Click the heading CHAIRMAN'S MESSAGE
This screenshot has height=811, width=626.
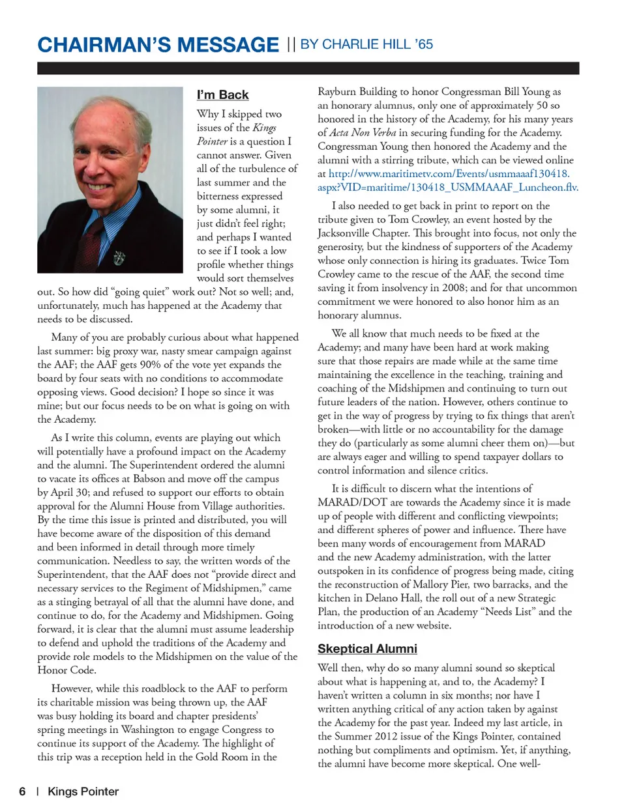[x=158, y=45]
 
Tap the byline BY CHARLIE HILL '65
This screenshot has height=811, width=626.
[x=366, y=44]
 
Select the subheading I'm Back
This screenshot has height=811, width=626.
[x=222, y=95]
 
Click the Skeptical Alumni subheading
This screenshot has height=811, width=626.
[x=367, y=649]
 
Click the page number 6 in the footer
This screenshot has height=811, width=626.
[x=22, y=791]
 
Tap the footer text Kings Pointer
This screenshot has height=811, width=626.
[x=83, y=791]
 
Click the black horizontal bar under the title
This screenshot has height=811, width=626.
[x=308, y=68]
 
